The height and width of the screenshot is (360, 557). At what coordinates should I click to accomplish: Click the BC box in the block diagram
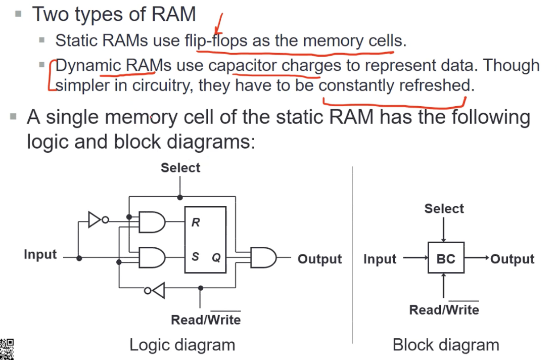[x=446, y=258]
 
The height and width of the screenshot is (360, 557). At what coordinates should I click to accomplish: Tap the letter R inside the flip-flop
[x=196, y=222]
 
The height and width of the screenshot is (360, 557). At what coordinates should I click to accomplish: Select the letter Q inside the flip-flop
[x=216, y=257]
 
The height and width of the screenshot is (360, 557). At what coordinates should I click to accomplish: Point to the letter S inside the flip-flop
[x=195, y=257]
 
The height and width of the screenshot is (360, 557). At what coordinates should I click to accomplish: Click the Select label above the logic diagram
[x=180, y=168]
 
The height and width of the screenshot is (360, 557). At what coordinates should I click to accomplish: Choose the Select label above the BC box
[x=444, y=208]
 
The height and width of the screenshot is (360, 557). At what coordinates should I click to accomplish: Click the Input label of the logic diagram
[x=40, y=254]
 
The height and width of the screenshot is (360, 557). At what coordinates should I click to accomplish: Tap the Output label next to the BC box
[x=512, y=259]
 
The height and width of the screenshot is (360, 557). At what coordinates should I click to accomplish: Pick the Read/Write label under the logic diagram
[x=206, y=320]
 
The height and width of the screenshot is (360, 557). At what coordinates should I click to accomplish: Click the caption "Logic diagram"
[x=182, y=345]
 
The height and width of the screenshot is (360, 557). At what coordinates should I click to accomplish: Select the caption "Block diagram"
[x=446, y=345]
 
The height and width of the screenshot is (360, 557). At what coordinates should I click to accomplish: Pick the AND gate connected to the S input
[x=152, y=257]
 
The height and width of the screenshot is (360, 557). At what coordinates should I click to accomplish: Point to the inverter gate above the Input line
[x=96, y=220]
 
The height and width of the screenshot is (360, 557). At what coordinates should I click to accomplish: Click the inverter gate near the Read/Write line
[x=157, y=290]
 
